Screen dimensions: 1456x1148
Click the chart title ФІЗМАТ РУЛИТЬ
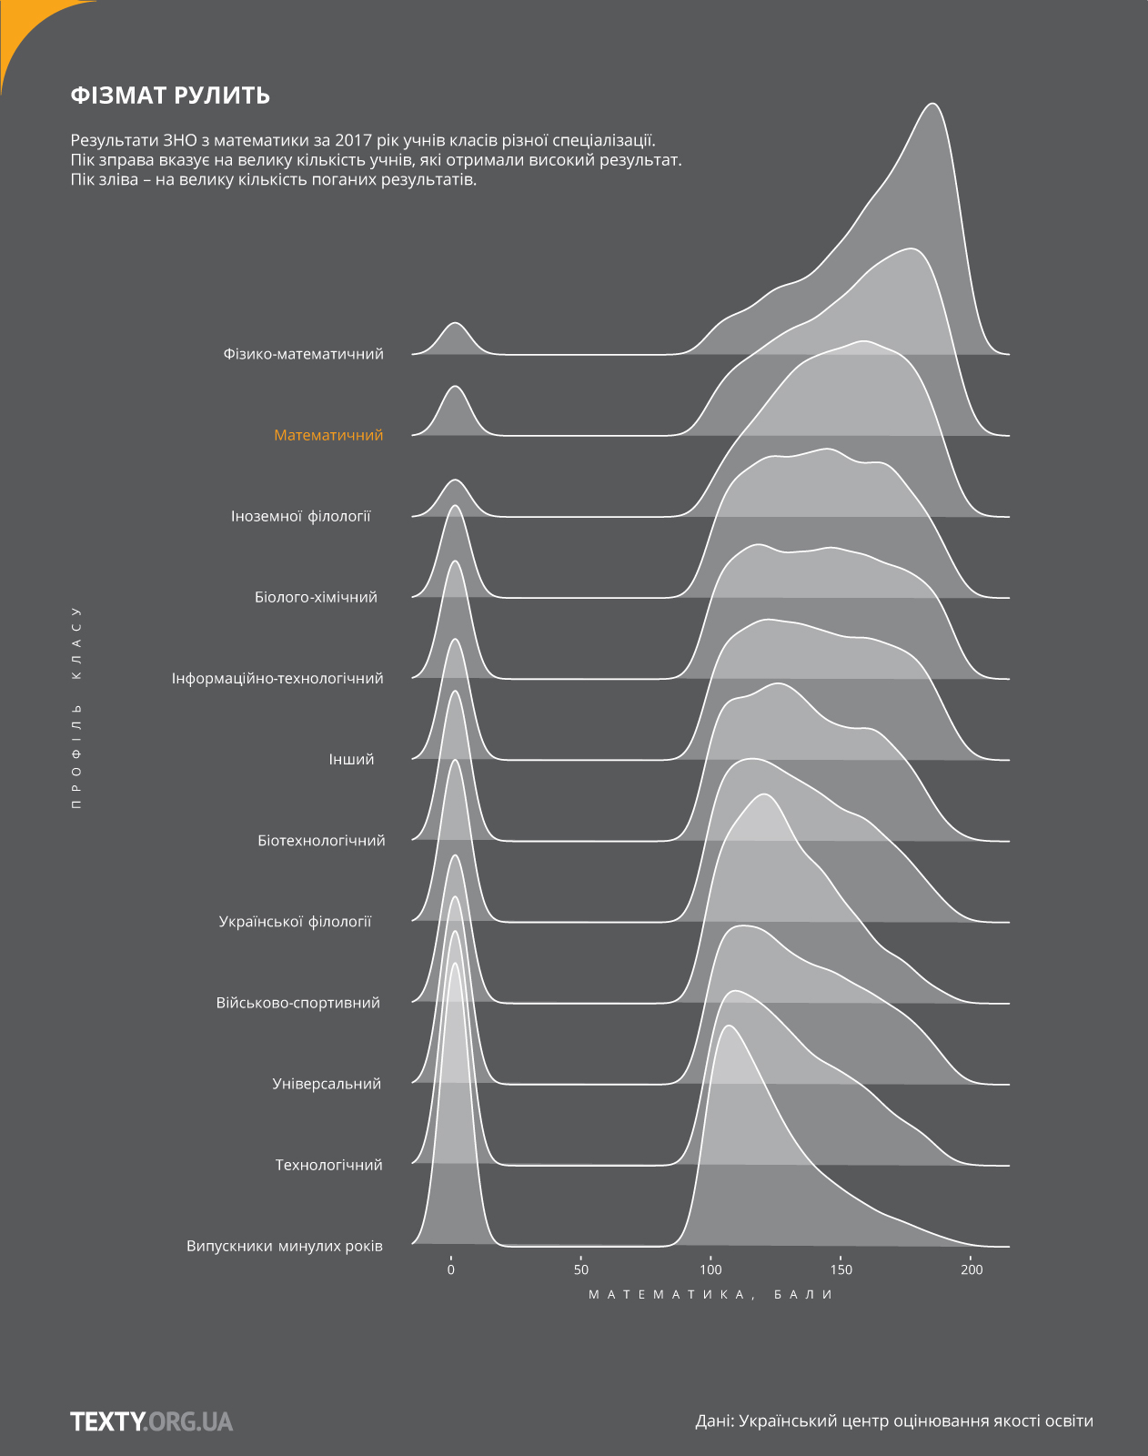pos(170,96)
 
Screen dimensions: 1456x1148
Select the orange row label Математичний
pos(328,435)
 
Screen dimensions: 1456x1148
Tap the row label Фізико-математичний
pos(303,354)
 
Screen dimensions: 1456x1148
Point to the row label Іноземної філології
pos(301,516)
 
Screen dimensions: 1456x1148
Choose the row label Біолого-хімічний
pos(316,597)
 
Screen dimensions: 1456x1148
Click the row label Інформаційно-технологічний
pos(277,678)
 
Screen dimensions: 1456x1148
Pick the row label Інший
pos(351,759)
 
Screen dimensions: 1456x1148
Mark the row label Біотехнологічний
pos(321,840)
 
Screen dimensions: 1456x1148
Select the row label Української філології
pos(295,921)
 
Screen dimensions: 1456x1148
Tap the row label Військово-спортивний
pos(297,1003)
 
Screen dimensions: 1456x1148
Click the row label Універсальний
pos(327,1084)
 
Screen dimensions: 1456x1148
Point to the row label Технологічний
pos(328,1165)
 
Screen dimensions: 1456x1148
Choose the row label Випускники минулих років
pos(285,1246)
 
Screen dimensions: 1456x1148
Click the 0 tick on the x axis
pos(451,1269)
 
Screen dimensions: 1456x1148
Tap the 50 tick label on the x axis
pos(581,1269)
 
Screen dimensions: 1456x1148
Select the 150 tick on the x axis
pos(841,1269)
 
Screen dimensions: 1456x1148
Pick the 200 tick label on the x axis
pos(972,1269)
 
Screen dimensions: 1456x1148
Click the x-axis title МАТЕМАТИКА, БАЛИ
pos(710,1294)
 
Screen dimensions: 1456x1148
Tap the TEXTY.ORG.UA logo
pos(151,1421)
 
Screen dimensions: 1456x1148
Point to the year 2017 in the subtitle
pos(353,140)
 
